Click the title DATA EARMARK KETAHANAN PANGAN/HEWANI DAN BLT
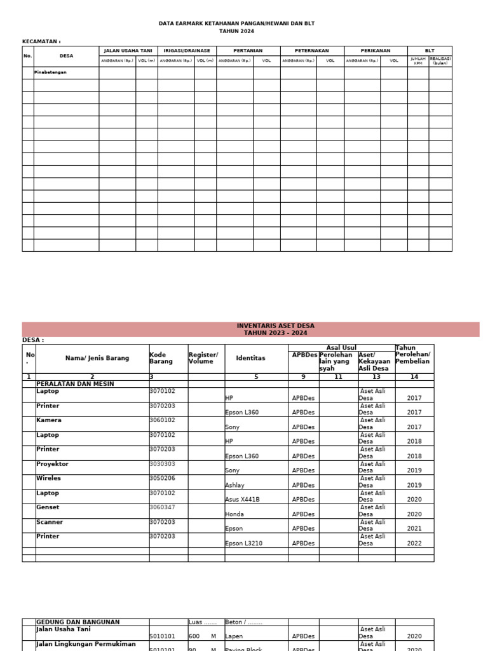[x=236, y=24]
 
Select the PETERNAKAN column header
[x=312, y=51]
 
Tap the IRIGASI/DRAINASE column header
[x=187, y=51]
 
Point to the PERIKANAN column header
[x=376, y=51]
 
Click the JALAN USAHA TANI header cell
[x=128, y=51]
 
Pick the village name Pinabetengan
[x=50, y=72]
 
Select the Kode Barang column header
[x=161, y=358]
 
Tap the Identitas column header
[x=250, y=358]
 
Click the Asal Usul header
[x=341, y=348]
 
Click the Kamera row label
[x=49, y=420]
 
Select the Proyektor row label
[x=52, y=464]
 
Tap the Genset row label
[x=48, y=507]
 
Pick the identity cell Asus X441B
[x=242, y=500]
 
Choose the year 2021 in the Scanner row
[x=414, y=529]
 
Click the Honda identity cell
[x=234, y=514]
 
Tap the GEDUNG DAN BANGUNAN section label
[x=78, y=622]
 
